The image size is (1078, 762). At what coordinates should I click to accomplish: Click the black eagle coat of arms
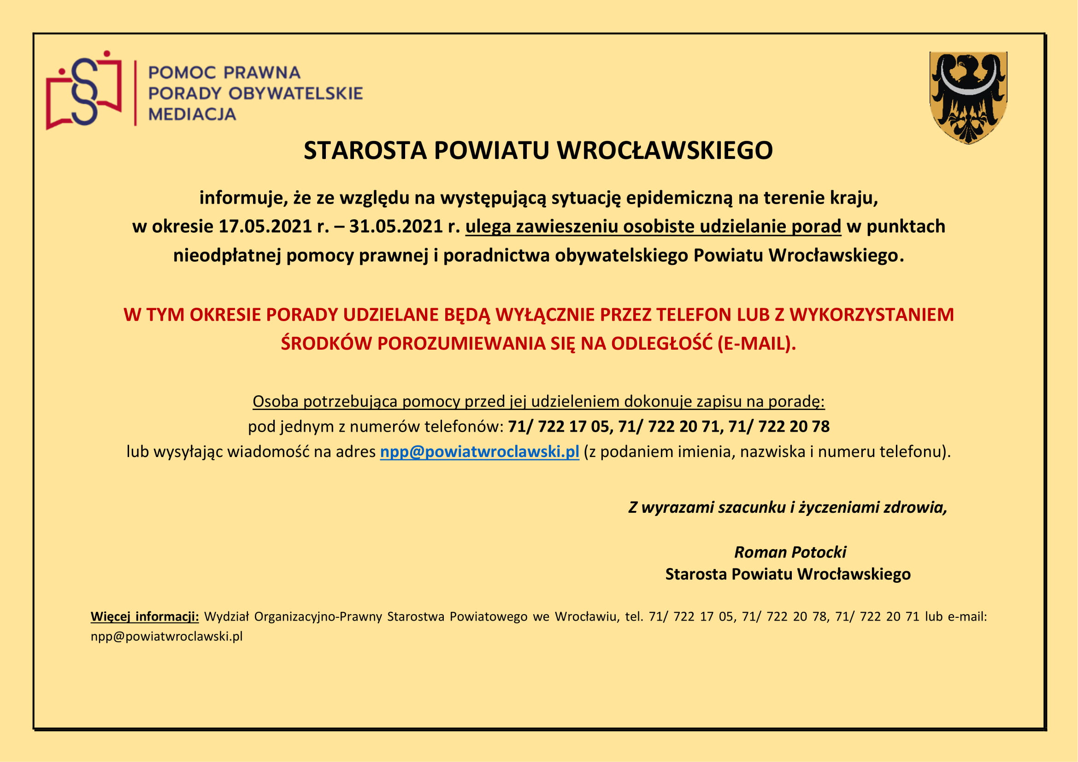click(x=968, y=97)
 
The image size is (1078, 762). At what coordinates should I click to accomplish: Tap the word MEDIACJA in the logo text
click(x=192, y=114)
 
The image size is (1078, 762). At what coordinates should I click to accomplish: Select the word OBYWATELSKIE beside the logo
click(x=295, y=94)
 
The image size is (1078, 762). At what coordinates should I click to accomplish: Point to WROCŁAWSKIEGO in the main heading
click(x=665, y=151)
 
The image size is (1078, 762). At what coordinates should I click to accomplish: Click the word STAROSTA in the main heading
click(x=365, y=151)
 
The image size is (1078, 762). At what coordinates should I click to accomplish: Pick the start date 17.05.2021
click(x=265, y=227)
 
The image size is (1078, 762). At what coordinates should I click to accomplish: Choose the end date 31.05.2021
click(x=396, y=227)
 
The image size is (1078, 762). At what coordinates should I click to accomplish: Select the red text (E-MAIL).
click(x=756, y=344)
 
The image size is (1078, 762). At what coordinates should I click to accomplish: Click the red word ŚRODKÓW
click(x=326, y=344)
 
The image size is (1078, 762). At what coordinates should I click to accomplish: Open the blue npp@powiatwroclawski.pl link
click(x=479, y=452)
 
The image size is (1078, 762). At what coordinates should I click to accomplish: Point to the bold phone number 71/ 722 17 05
click(x=558, y=427)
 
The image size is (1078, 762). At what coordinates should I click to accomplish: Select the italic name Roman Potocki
click(x=790, y=552)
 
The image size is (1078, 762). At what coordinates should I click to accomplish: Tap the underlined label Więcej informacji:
click(x=145, y=616)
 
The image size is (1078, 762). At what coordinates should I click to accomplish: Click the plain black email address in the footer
click(x=167, y=637)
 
